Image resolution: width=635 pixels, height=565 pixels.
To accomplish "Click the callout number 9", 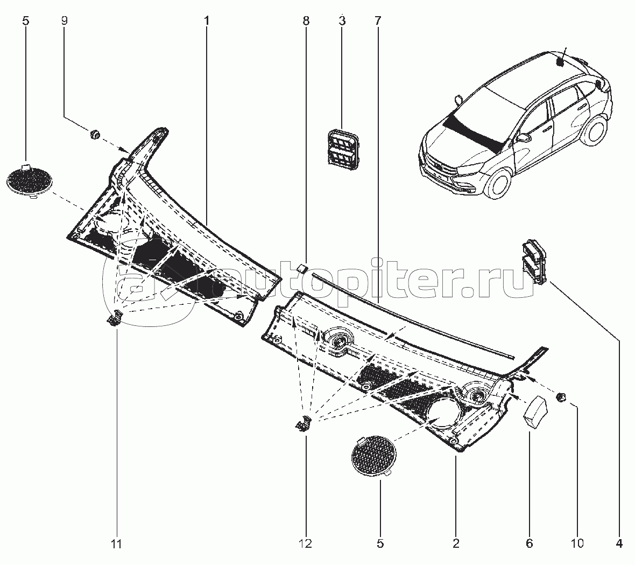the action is point(64,20).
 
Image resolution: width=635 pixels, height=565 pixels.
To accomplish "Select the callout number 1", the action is point(207,20).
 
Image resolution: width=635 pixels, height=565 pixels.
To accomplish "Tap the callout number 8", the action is point(306,20).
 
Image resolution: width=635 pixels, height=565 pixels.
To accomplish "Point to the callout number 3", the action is point(342,20).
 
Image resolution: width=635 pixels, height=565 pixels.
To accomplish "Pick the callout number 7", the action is point(377,20).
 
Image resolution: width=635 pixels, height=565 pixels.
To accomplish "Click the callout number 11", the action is point(117,544).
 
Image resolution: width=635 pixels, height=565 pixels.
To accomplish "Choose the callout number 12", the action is point(306,544).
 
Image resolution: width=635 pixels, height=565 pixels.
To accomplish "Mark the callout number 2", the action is point(456,544).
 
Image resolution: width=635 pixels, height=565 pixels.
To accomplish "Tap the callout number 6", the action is point(530,544).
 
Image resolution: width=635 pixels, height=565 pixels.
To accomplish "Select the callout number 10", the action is point(577,544).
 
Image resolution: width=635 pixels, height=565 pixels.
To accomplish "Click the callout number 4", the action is point(619,544).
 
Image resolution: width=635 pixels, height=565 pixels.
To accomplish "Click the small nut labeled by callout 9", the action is point(95,134).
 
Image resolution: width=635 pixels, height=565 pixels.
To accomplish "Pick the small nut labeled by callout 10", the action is point(561,397).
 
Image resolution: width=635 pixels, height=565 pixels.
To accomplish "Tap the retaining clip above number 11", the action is point(115,317).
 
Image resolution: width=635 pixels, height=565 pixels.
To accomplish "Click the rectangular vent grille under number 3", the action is point(343,148).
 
